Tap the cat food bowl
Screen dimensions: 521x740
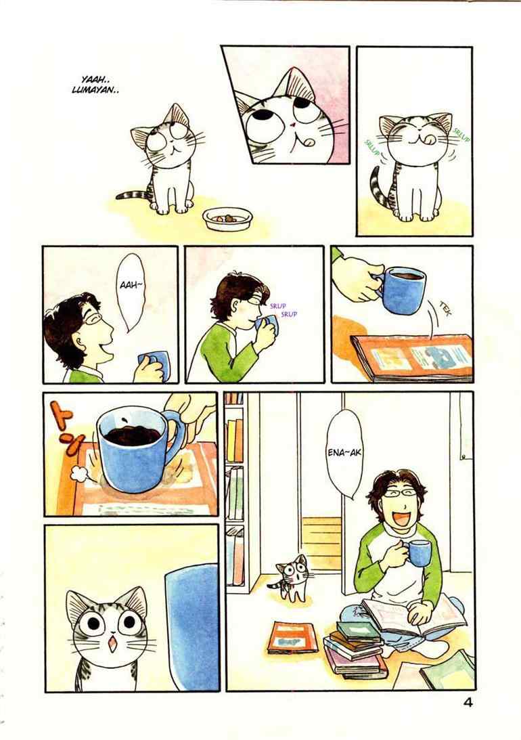[228, 219]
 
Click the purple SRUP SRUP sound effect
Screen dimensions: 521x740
[284, 309]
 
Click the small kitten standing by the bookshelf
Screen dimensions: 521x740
[288, 578]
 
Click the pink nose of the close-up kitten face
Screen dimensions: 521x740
[293, 125]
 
